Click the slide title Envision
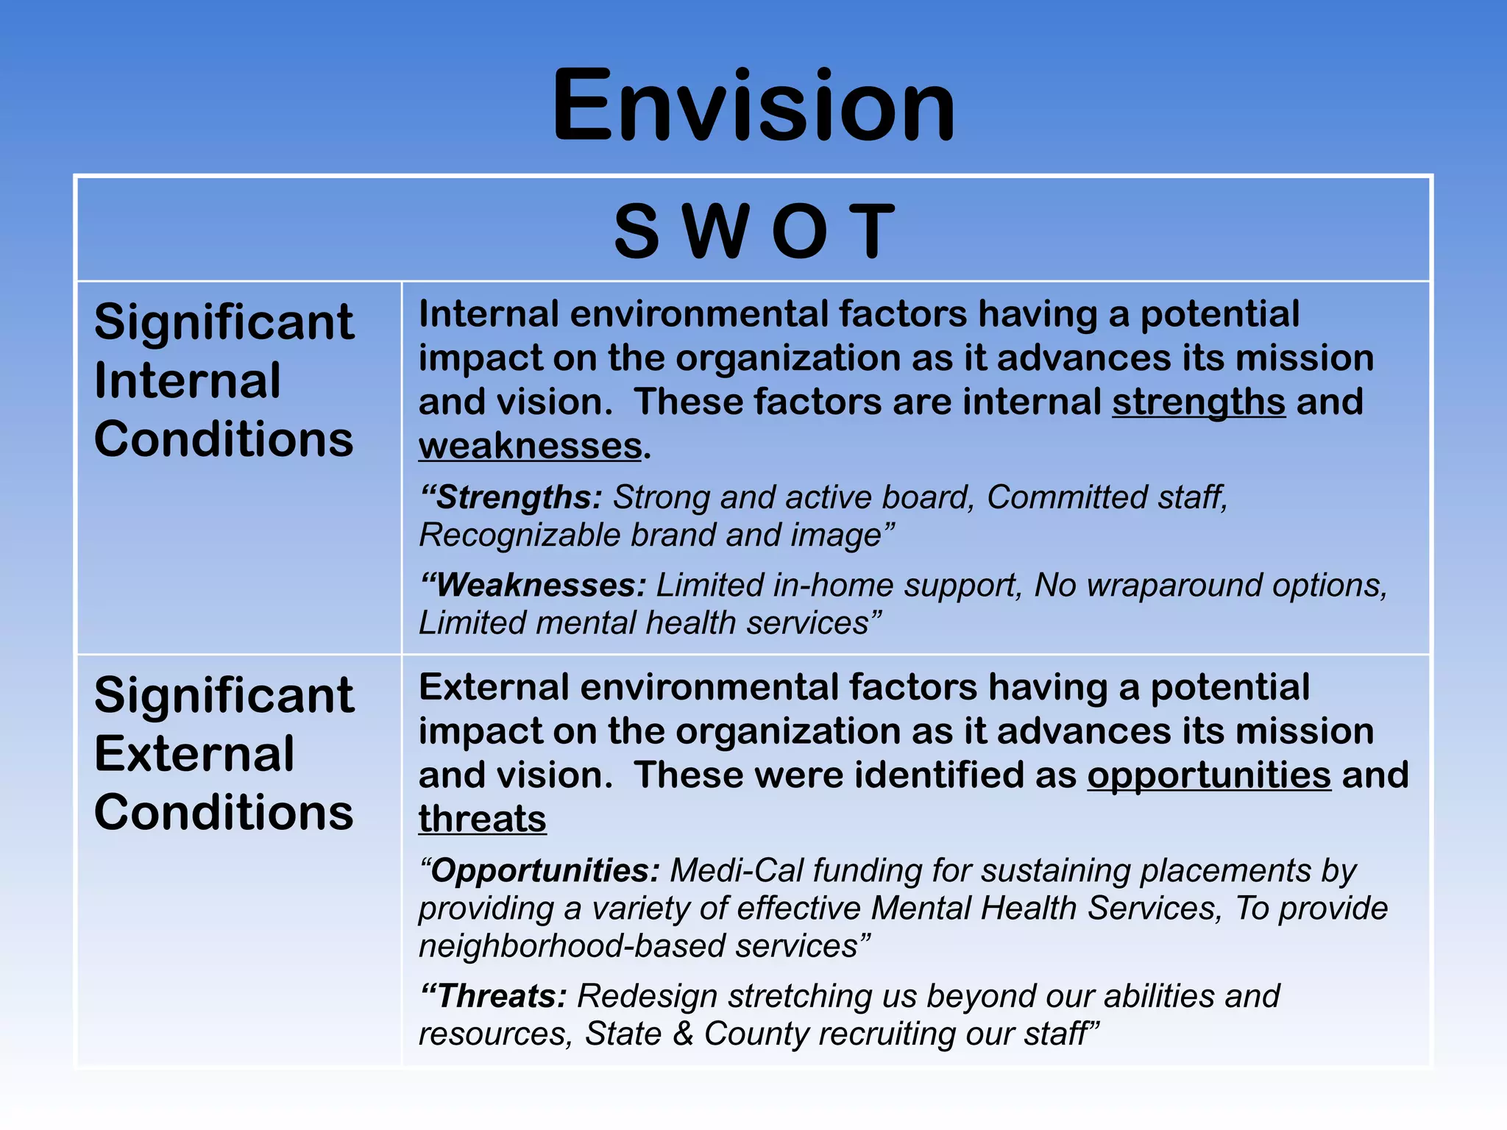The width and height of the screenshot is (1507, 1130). tap(753, 105)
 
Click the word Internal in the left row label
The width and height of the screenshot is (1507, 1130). tap(187, 380)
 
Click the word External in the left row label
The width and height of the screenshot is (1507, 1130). tap(194, 753)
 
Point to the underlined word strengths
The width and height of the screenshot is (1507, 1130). tap(1198, 402)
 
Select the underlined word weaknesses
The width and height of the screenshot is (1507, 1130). tap(531, 447)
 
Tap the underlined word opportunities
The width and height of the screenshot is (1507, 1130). tap(1209, 775)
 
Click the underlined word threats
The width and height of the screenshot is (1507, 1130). tap(482, 819)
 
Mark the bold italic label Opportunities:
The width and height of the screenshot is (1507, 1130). tap(540, 871)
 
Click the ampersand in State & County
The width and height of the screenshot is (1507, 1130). tap(683, 1034)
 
